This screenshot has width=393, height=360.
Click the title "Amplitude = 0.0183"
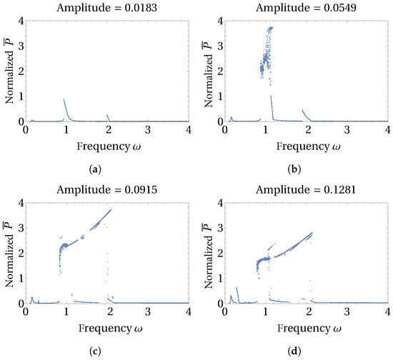click(x=106, y=8)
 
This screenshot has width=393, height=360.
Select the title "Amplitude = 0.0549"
click(x=306, y=8)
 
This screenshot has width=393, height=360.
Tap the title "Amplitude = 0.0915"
click(x=106, y=189)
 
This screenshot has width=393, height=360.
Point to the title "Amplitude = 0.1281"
click(x=306, y=189)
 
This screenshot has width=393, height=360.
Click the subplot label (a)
click(x=95, y=169)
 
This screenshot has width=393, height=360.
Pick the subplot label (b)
click(x=294, y=169)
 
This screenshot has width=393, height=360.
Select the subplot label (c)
click(x=95, y=351)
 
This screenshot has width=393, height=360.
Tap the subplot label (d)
click(x=294, y=351)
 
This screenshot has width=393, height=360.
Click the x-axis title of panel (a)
click(x=109, y=146)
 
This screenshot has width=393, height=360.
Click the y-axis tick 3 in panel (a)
click(x=21, y=46)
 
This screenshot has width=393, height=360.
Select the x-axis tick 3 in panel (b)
click(x=347, y=130)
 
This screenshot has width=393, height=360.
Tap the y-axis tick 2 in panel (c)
click(x=21, y=253)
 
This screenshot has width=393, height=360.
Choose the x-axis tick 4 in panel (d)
click(x=387, y=311)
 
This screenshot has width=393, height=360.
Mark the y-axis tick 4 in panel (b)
click(x=221, y=21)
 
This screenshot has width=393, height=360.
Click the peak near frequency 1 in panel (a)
click(x=64, y=99)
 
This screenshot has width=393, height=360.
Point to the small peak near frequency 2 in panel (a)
click(x=107, y=115)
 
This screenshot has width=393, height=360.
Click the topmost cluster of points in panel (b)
click(x=269, y=29)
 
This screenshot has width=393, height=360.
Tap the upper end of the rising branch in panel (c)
click(x=111, y=209)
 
